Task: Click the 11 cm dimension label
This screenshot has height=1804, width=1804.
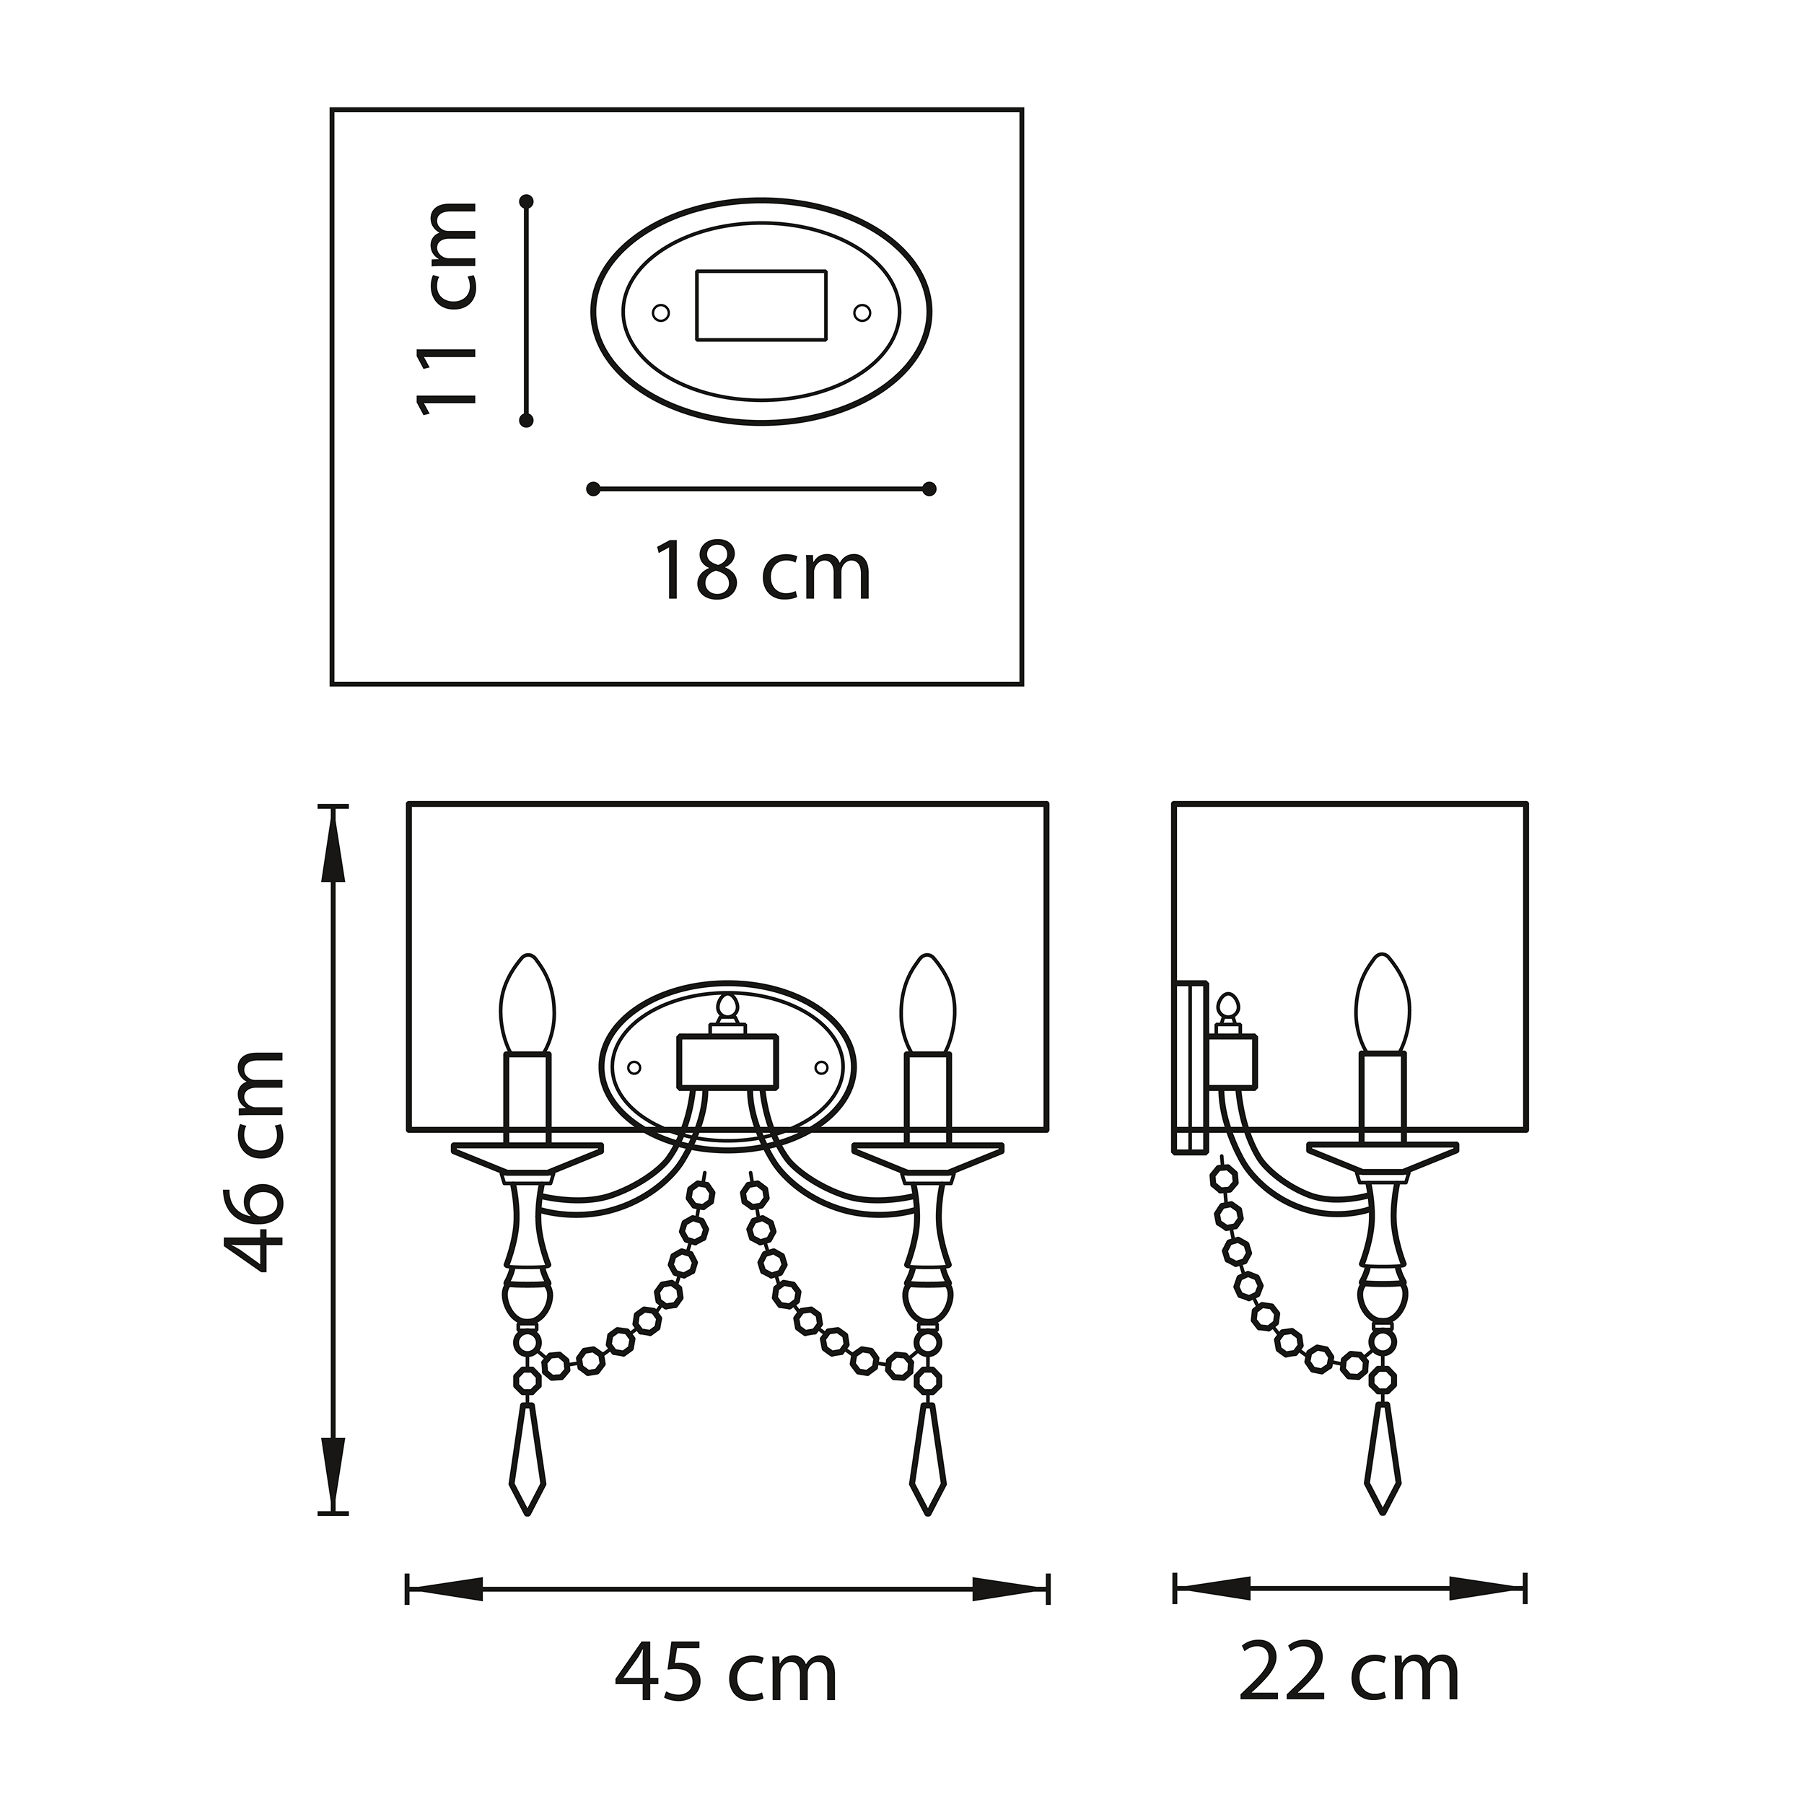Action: (x=447, y=309)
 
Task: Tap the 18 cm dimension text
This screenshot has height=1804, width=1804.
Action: (x=762, y=572)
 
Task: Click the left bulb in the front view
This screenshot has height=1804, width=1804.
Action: (x=527, y=1004)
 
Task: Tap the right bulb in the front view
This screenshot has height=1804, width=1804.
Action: (x=927, y=1004)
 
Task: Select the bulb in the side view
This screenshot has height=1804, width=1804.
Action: (x=1383, y=1004)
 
